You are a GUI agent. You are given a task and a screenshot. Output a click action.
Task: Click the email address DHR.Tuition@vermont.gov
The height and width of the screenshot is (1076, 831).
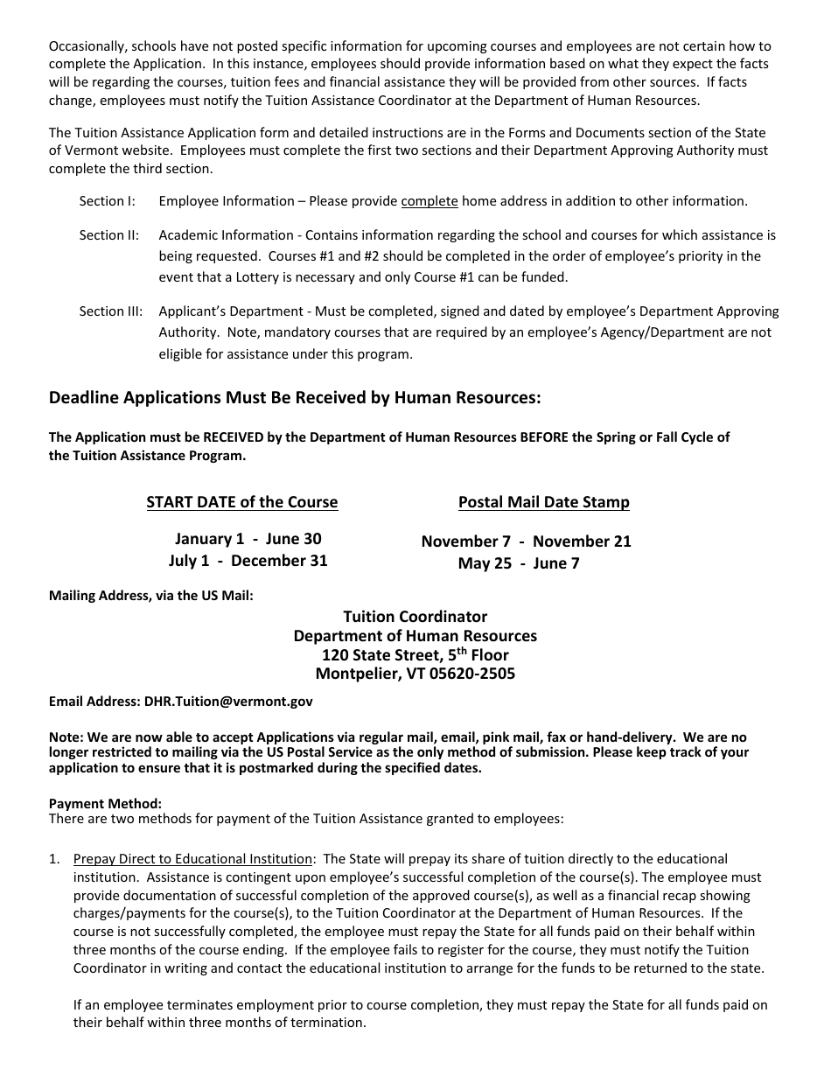pos(225,701)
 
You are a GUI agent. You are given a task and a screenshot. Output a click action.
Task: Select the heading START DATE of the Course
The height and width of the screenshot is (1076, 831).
pos(241,502)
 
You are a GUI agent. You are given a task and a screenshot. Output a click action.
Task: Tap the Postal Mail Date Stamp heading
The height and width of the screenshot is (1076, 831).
pos(543,502)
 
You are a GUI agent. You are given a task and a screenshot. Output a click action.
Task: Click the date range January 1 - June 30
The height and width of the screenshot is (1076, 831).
pos(248,539)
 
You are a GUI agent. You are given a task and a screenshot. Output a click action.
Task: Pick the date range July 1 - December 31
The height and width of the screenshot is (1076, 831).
pos(248,561)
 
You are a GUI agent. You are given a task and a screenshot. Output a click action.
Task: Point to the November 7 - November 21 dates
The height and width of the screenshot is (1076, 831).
pos(526,541)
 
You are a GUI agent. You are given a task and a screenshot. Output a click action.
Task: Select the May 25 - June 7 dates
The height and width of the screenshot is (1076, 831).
pos(519,563)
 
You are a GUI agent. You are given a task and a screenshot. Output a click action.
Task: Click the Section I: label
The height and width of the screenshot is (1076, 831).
pos(108,201)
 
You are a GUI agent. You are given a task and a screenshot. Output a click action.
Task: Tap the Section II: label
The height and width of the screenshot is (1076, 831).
pos(109,235)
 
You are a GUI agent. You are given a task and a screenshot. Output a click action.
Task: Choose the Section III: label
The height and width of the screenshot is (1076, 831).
pos(111,311)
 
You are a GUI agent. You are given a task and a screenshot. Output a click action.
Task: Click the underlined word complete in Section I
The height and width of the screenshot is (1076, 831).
pos(429,201)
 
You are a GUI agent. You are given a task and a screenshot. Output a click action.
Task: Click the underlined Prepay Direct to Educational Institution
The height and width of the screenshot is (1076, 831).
pos(192,859)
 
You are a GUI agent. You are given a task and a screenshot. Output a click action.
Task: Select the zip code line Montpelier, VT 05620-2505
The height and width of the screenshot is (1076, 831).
pos(415,674)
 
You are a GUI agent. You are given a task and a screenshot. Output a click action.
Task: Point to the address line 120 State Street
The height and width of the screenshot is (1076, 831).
pos(415,654)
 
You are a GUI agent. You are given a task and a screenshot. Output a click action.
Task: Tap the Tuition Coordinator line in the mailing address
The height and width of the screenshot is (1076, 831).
pos(415,617)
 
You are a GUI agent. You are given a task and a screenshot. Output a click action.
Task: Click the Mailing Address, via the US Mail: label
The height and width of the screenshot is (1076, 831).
pos(150,596)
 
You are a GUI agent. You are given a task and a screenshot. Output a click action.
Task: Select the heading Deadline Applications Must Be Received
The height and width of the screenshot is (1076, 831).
pos(295,398)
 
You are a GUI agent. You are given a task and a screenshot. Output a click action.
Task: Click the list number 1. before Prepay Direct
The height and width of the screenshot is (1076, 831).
pos(54,859)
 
